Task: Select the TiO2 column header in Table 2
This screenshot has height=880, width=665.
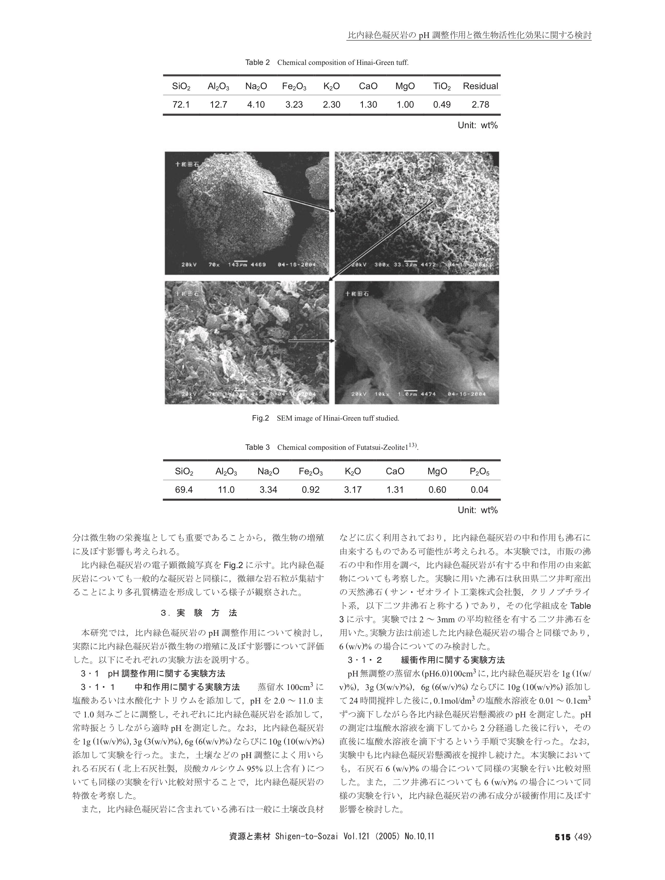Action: [x=442, y=86]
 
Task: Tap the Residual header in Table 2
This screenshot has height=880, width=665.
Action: [x=480, y=86]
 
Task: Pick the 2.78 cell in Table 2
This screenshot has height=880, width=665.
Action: [x=480, y=105]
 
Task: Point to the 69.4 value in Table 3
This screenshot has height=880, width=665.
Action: [x=184, y=490]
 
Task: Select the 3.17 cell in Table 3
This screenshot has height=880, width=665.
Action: [x=353, y=490]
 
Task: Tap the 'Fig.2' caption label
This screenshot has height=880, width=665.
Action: [x=261, y=419]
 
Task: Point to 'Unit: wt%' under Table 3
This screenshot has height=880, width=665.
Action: [x=478, y=510]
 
